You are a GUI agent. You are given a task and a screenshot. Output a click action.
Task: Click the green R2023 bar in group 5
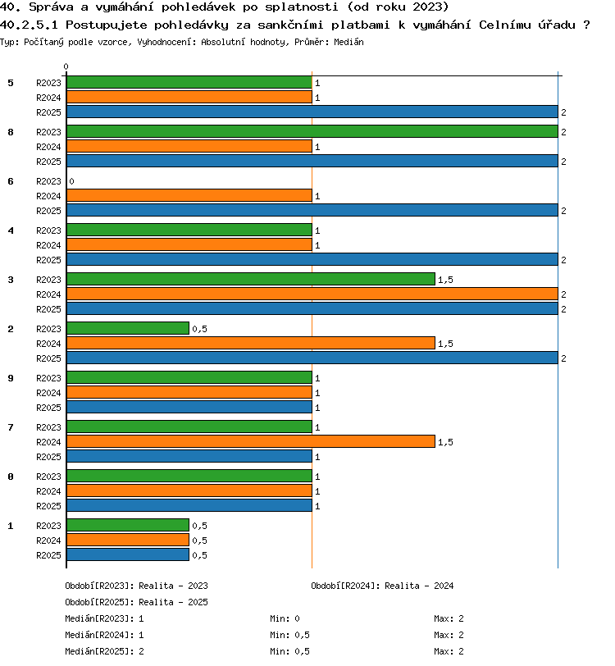[189, 82]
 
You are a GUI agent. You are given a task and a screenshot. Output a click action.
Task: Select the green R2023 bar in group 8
[312, 132]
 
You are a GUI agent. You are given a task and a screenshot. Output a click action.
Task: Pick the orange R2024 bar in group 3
[312, 294]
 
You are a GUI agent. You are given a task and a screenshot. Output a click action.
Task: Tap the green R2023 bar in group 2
[128, 328]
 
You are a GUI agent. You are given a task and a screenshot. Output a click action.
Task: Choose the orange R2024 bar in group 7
[251, 442]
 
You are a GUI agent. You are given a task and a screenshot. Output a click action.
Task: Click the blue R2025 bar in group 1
[128, 554]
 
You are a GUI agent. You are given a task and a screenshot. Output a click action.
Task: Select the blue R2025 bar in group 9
[189, 408]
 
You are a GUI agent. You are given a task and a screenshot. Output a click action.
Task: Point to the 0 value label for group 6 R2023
[72, 181]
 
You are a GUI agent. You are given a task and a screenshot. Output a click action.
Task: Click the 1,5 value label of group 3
[445, 280]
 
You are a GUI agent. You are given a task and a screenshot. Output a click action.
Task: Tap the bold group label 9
[11, 378]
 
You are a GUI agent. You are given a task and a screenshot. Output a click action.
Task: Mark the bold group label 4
[11, 230]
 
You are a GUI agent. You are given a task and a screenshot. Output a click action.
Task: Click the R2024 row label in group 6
[48, 196]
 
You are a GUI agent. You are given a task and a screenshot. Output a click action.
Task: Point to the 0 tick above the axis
[66, 66]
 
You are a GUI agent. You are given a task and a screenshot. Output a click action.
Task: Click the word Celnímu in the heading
[505, 25]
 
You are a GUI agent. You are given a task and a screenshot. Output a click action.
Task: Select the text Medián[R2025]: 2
[104, 651]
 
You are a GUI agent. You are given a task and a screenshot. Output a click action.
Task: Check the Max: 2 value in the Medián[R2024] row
[449, 636]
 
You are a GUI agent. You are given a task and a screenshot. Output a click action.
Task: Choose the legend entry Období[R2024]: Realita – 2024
[382, 586]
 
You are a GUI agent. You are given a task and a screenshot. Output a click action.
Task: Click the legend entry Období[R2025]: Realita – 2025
[136, 602]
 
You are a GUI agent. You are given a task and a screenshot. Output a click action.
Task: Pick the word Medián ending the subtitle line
[348, 42]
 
